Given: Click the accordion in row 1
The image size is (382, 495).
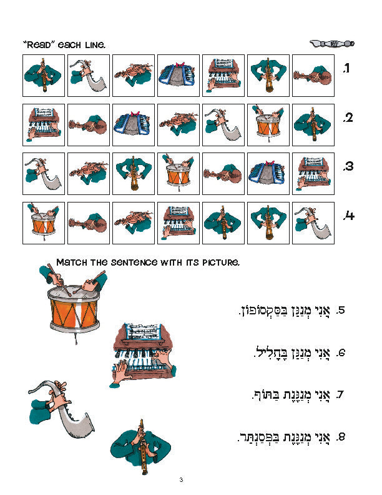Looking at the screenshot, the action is (179, 75).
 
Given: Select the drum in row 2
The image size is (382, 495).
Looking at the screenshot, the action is (268, 124).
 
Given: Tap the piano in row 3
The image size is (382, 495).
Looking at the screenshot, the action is (313, 174).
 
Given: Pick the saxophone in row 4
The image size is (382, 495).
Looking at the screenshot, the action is (313, 223).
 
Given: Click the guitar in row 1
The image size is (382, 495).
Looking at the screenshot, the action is (313, 76).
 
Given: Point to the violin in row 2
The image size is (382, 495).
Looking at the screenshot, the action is (179, 124).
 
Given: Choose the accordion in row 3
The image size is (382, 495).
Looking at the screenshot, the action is (268, 174).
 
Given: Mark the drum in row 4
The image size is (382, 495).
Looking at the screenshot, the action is (44, 222).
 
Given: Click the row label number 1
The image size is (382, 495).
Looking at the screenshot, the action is (346, 68).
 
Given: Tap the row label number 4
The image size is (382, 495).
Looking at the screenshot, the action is (348, 216).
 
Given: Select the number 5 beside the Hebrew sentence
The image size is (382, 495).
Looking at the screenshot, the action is (341, 310).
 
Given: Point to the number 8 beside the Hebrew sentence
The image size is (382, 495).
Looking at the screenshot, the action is (341, 437).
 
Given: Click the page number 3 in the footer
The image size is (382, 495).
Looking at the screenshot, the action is (181, 480).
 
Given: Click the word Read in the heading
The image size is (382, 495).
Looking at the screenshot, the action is (39, 44).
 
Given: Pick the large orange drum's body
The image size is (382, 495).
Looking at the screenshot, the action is (74, 314).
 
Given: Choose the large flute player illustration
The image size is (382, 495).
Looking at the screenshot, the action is (140, 446).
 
